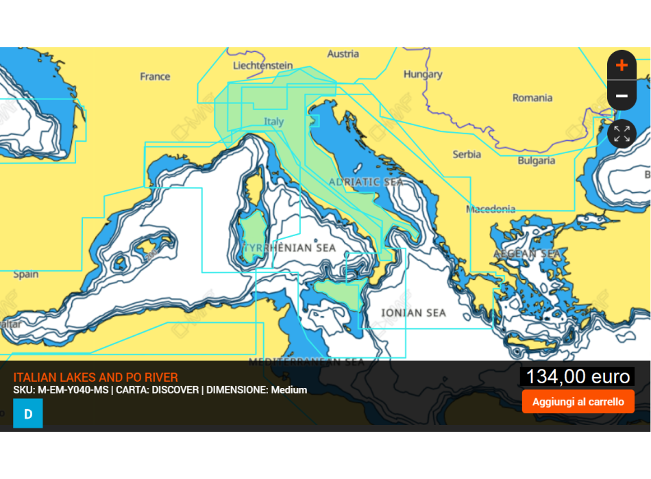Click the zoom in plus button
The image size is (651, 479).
(622, 65)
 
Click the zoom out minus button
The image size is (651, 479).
(622, 96)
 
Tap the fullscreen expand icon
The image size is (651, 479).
(622, 133)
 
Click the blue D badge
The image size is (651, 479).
(28, 414)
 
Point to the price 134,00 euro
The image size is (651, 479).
(577, 376)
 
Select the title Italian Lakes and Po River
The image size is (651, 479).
(95, 377)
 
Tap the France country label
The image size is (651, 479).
(155, 76)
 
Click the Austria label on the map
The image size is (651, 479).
(343, 53)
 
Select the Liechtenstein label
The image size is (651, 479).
(263, 66)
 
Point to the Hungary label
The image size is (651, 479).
(423, 74)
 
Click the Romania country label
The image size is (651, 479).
(532, 98)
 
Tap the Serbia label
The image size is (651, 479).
(467, 155)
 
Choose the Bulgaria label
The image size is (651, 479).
(536, 161)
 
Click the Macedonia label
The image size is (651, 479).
(491, 209)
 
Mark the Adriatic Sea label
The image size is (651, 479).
(366, 182)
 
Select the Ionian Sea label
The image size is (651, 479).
(413, 313)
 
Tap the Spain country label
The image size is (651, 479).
(26, 274)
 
